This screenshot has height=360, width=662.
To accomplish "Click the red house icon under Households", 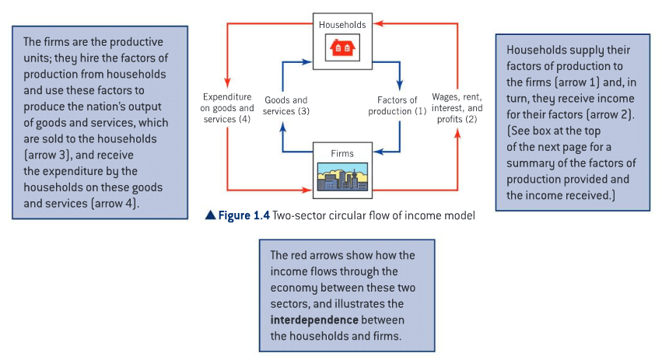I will (x=342, y=48).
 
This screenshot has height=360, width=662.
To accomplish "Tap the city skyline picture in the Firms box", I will (x=342, y=177).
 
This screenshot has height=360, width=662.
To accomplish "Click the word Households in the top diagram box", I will (x=342, y=25).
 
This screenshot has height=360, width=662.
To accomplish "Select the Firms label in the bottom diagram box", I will (x=342, y=153).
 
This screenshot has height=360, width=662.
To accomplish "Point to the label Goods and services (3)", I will (x=285, y=106).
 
